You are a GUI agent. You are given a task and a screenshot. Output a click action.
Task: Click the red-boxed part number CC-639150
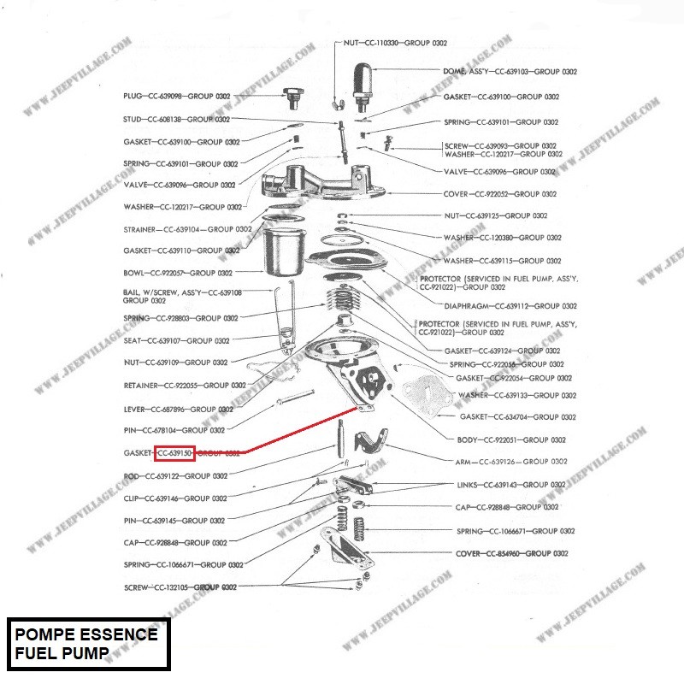[174, 453]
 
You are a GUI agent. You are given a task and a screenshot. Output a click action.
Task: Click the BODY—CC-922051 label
[511, 439]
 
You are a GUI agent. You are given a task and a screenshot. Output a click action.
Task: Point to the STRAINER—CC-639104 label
[187, 229]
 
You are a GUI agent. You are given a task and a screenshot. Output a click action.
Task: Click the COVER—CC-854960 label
[511, 553]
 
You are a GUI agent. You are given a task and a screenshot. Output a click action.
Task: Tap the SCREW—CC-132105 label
[180, 587]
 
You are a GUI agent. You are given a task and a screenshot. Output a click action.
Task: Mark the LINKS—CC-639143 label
[511, 485]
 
